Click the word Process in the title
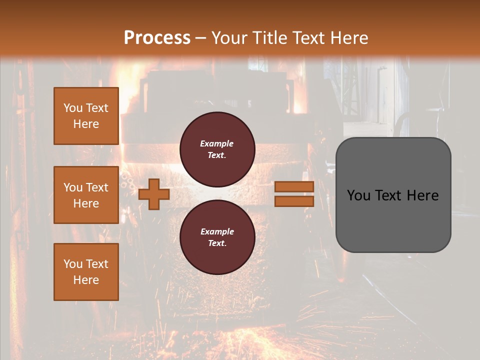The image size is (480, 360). point(157,38)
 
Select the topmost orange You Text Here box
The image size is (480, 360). point(86,116)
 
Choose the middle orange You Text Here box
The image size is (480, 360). point(86,195)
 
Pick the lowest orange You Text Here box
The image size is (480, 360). point(86,272)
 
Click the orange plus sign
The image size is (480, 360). point(154,194)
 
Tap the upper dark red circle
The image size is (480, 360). point(217,149)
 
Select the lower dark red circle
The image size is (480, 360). point(217,237)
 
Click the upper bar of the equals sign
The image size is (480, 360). point(294,186)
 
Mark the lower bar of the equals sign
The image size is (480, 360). point(294,201)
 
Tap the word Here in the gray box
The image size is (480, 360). point(422,195)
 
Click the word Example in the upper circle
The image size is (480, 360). point(217,143)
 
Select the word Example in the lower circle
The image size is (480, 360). point(217,231)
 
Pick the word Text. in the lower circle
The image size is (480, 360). point(217,243)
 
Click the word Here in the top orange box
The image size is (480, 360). point(86,124)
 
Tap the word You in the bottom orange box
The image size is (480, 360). point(72,264)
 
